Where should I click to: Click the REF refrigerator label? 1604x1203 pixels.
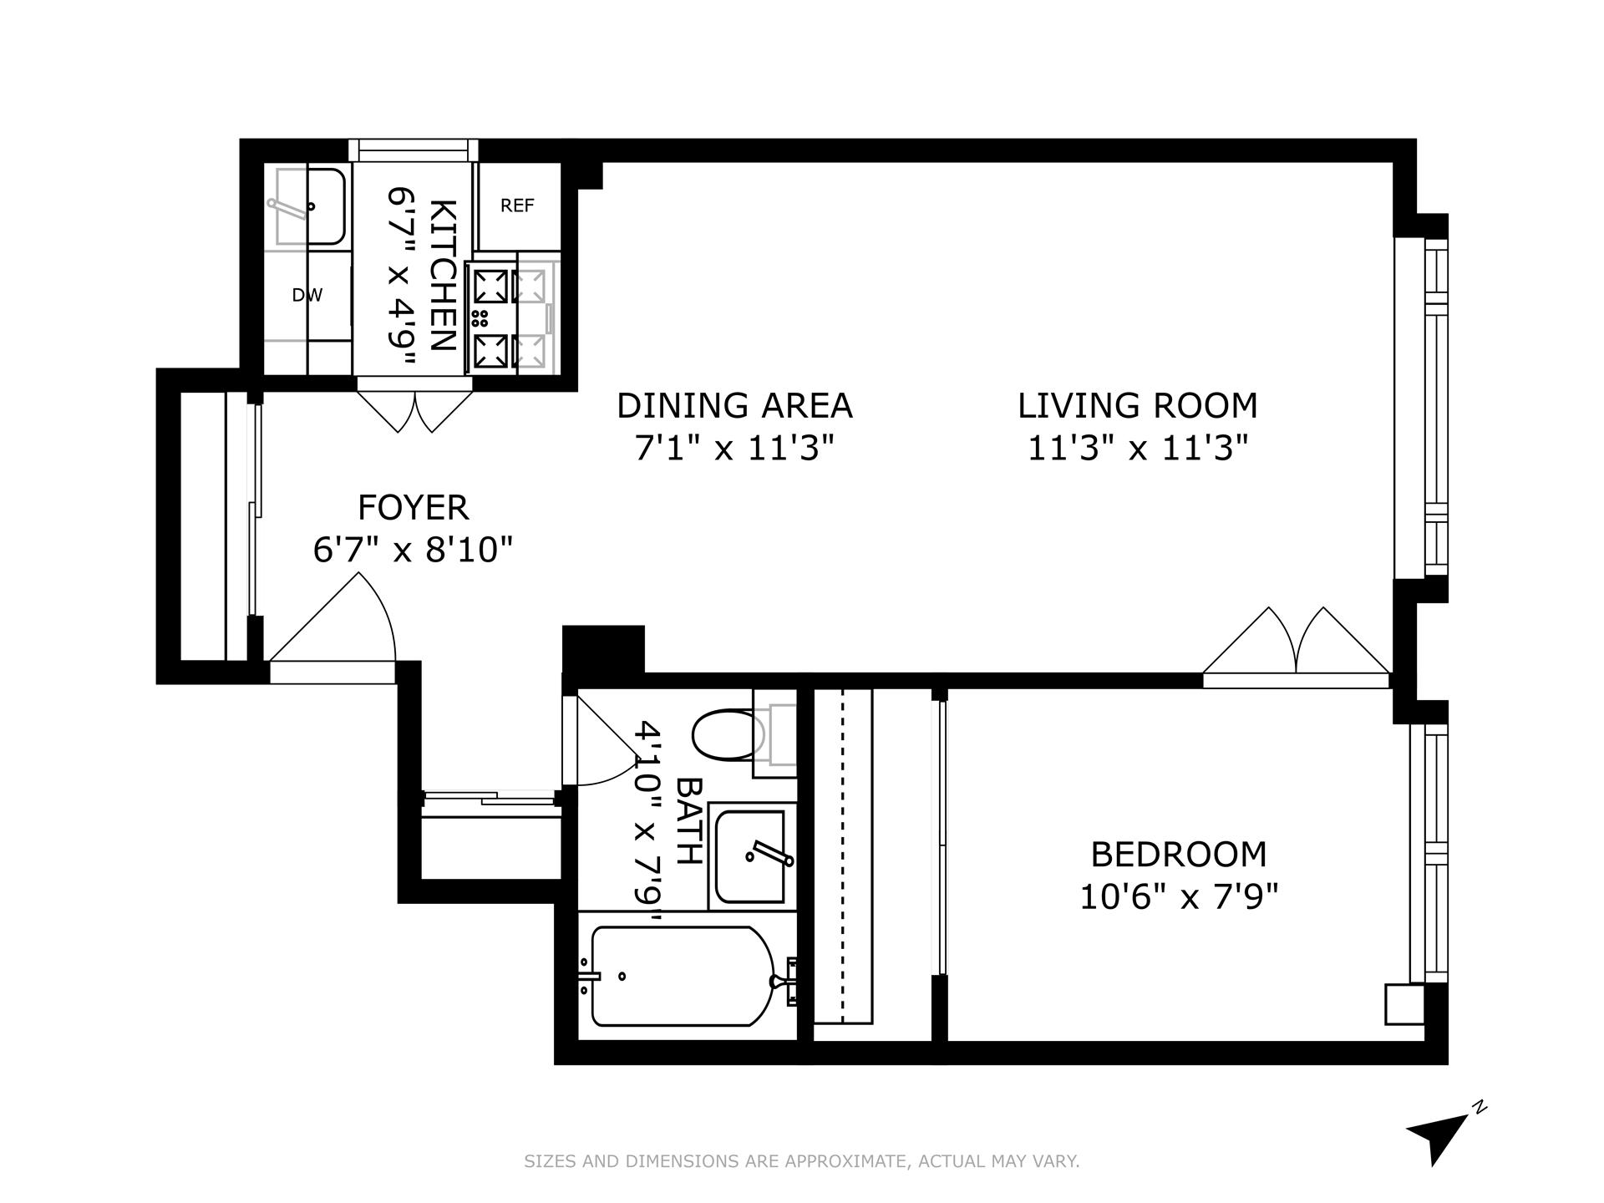coord(517,206)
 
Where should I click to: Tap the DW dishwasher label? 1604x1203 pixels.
coord(307,295)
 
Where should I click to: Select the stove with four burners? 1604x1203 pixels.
coord(491,317)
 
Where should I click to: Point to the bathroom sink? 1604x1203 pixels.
coord(750,856)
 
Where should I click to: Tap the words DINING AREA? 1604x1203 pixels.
coord(734,406)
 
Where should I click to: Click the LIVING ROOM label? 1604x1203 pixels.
coord(1137,406)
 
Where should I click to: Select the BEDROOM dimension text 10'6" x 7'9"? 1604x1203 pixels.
coord(1179,898)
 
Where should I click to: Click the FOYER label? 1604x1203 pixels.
coord(413,507)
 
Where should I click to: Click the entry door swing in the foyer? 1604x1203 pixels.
coord(334,622)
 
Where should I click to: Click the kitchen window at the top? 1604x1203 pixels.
coord(414,150)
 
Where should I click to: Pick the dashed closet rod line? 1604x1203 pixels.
coord(842,856)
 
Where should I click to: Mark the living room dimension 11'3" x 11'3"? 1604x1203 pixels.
coord(1137,449)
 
